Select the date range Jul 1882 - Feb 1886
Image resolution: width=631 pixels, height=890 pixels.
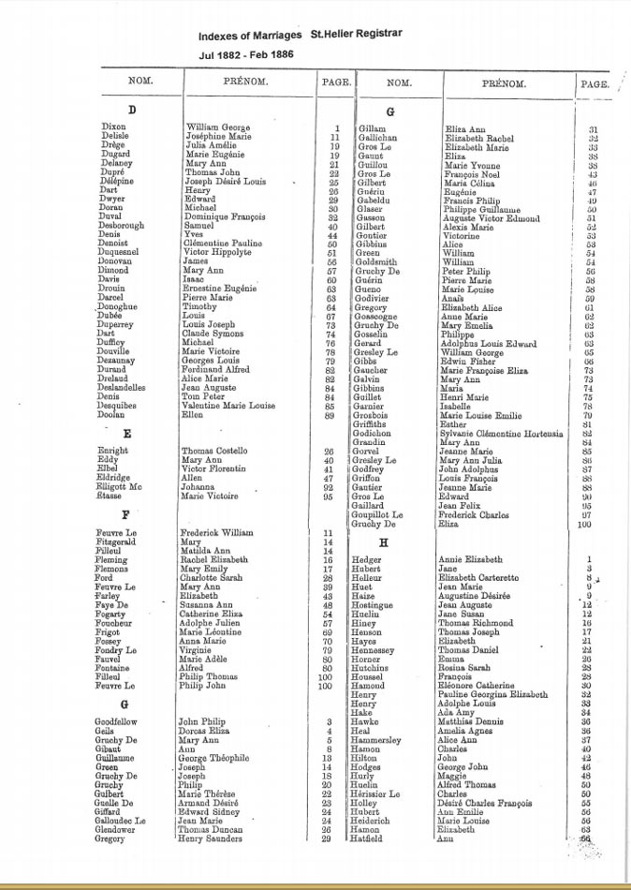tap(246, 54)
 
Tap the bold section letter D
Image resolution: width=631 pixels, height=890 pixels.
tap(132, 111)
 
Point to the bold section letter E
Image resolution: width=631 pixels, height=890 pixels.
tap(126, 435)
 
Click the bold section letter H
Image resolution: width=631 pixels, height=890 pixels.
tap(383, 542)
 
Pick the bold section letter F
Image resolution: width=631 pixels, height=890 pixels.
tap(125, 515)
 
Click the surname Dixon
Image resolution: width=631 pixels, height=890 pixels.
tap(113, 127)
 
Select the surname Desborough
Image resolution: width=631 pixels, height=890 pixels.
tap(126, 226)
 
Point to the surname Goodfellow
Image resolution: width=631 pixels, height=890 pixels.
tap(123, 721)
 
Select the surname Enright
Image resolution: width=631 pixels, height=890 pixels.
tap(113, 452)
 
